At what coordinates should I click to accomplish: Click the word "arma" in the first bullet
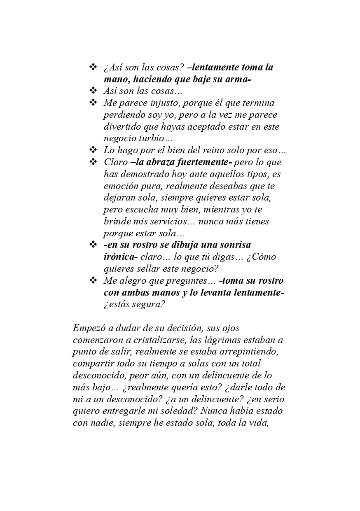point(237,79)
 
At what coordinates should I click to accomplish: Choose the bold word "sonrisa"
point(232,245)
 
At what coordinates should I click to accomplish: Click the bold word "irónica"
point(119,257)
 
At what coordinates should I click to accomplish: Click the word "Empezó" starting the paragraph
point(88,328)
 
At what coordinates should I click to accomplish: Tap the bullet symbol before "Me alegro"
point(93,280)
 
